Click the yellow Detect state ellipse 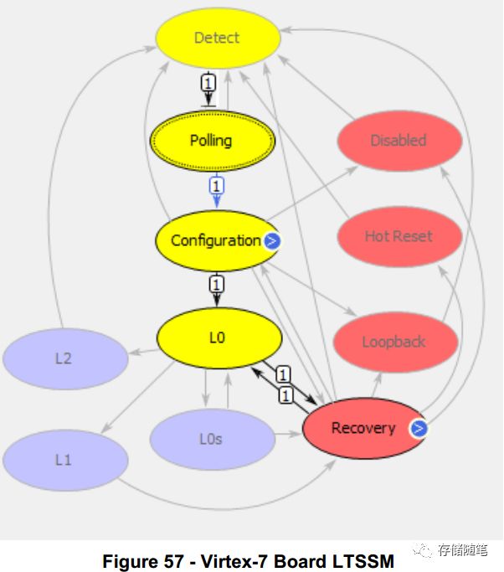[x=217, y=38]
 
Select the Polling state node [x=211, y=141]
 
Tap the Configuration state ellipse [x=216, y=240]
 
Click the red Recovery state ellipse [x=363, y=428]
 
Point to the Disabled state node [x=399, y=141]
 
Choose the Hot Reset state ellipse [x=399, y=236]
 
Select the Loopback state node [x=394, y=342]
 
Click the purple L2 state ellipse [x=64, y=358]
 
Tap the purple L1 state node [x=64, y=460]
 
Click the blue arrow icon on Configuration [x=271, y=241]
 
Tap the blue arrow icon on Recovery [x=419, y=429]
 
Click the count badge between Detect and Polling [x=208, y=84]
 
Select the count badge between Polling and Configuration [x=217, y=185]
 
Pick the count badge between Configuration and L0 [x=217, y=285]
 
